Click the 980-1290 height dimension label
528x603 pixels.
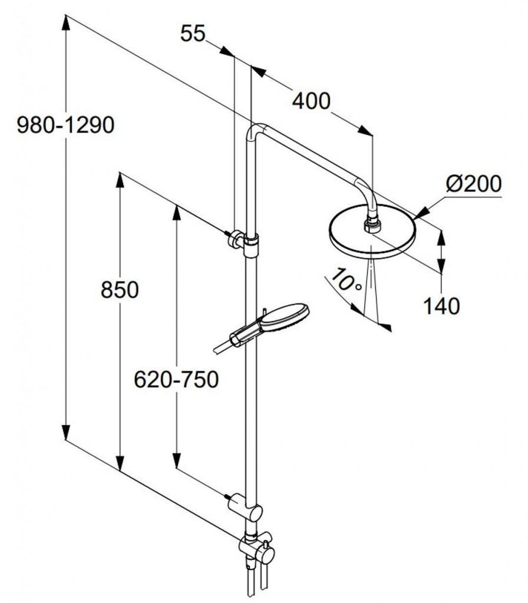pos(65,125)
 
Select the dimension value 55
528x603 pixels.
pos(193,34)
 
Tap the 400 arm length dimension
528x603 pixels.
pos(311,101)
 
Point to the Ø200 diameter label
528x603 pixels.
pos(473,184)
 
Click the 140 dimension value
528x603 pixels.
pos(441,306)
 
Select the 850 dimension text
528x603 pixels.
pos(119,290)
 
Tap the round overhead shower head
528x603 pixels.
pos(371,236)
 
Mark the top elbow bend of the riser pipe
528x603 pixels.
pos(257,130)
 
